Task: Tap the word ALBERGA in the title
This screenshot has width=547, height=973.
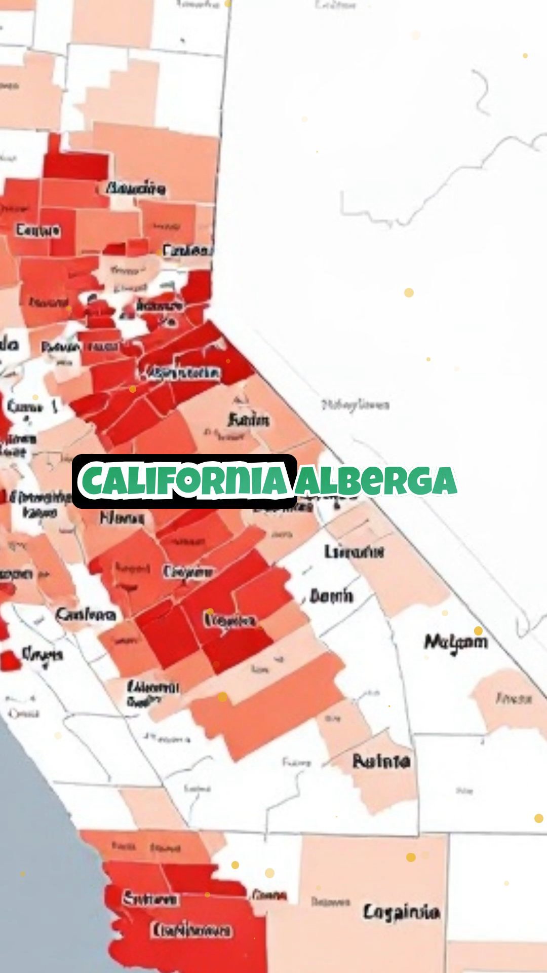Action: point(376,480)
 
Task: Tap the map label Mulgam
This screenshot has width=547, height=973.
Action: point(455,642)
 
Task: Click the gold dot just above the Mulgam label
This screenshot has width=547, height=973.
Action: point(478,631)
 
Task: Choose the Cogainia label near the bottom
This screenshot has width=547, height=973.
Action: point(401,912)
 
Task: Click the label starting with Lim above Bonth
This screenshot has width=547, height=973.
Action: point(354,551)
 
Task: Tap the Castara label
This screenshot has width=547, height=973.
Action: point(86,615)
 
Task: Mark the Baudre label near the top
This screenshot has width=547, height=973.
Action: point(135,189)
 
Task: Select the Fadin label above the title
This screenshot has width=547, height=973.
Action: point(248,420)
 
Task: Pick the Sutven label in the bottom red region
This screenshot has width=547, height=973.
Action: point(150,900)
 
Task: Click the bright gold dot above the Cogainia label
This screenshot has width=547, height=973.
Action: point(411,857)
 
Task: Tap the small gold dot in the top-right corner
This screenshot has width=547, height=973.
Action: point(525,55)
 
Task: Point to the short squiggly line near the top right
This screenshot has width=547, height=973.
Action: point(482,91)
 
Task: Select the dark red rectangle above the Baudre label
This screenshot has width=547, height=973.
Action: point(76,165)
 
